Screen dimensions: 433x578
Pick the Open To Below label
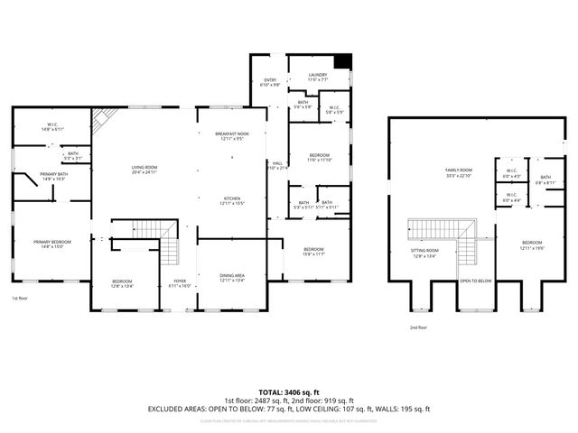(475, 281)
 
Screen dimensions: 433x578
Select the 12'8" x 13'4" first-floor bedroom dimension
(122, 288)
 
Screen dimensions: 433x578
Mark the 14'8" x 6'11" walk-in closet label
(53, 130)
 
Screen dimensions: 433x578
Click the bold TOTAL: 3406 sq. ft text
(289, 392)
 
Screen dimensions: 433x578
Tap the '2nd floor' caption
(418, 327)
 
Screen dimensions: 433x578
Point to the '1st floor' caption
(19, 299)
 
